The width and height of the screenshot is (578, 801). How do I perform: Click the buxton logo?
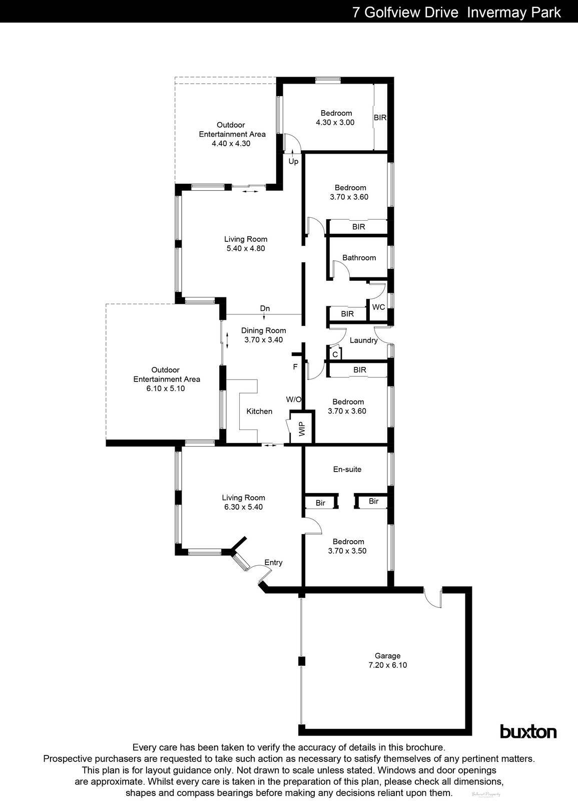click(528, 732)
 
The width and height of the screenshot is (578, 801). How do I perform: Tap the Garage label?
click(388, 656)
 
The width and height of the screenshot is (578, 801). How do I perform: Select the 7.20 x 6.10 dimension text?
click(388, 665)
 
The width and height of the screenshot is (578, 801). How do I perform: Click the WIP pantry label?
click(302, 429)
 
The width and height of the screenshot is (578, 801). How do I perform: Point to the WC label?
click(379, 307)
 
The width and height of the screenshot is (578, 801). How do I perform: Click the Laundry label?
click(363, 340)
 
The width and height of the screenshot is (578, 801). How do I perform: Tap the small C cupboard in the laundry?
click(335, 354)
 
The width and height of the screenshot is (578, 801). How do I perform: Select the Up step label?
click(293, 161)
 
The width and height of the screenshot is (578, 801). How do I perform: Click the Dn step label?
click(265, 308)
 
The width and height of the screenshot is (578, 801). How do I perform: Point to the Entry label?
click(273, 562)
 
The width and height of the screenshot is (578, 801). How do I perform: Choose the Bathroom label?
click(359, 257)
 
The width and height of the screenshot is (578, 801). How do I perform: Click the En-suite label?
click(347, 469)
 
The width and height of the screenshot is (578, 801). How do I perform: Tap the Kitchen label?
click(259, 411)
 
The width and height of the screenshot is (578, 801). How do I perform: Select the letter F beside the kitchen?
click(295, 367)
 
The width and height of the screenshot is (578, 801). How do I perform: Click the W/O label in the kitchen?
click(294, 399)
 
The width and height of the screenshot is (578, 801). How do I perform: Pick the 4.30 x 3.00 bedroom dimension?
click(335, 122)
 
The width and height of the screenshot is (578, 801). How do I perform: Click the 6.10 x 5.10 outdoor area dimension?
click(166, 388)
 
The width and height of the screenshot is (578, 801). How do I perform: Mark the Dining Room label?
click(264, 330)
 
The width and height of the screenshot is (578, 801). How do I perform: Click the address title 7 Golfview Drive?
click(405, 12)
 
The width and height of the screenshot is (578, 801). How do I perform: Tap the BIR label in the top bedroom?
click(380, 118)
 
